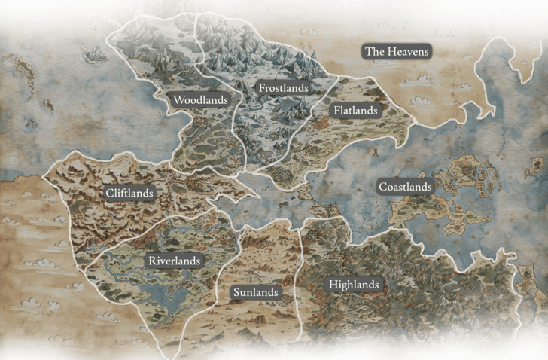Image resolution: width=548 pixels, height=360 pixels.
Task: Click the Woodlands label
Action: pos(200,99)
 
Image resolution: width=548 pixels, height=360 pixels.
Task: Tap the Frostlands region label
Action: pos(283,88)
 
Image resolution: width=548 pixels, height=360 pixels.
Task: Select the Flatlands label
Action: pos(356,110)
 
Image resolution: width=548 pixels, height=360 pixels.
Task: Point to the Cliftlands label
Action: pos(129,193)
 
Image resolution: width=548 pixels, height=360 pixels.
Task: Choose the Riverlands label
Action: pos(174,261)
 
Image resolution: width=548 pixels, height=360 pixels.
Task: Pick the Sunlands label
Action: pos(255,291)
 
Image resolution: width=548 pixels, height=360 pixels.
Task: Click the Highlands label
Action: pos(353,285)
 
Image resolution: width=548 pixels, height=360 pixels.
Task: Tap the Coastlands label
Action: pos(405,186)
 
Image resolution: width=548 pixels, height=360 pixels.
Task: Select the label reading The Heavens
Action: pos(396,51)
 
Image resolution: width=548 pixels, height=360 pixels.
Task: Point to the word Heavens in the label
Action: pos(407,51)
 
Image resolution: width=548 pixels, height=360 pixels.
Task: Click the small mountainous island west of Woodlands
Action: pos(94,52)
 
